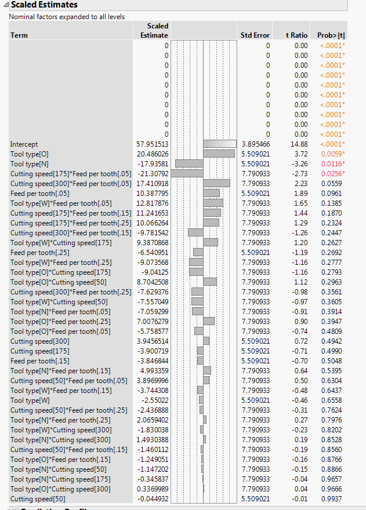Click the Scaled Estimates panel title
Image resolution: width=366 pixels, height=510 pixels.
click(x=44, y=5)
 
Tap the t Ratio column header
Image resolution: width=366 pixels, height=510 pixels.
click(x=296, y=35)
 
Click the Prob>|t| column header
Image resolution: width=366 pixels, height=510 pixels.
click(x=331, y=35)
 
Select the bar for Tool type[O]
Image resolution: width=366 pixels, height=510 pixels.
click(x=219, y=154)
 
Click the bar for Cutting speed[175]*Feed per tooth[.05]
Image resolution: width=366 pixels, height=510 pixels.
click(x=187, y=173)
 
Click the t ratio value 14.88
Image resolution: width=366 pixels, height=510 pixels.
click(x=300, y=144)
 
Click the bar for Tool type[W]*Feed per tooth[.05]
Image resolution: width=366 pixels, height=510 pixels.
click(x=213, y=203)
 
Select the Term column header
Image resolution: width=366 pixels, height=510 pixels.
click(x=19, y=35)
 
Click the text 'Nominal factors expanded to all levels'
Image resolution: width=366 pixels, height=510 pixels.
click(x=67, y=17)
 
